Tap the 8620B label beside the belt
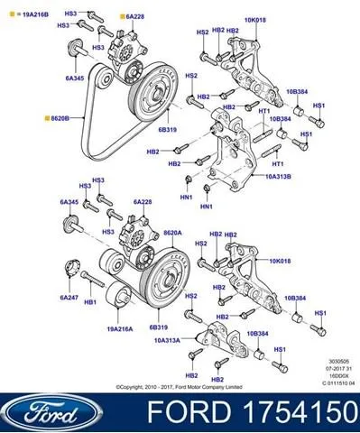pyautogui.click(x=62, y=117)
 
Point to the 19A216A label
pyautogui.click(x=118, y=330)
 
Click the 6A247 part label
pyautogui.click(x=69, y=297)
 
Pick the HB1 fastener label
pyautogui.click(x=90, y=303)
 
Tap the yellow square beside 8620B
pyautogui.click(x=45, y=117)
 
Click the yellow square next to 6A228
pyautogui.click(x=121, y=16)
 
